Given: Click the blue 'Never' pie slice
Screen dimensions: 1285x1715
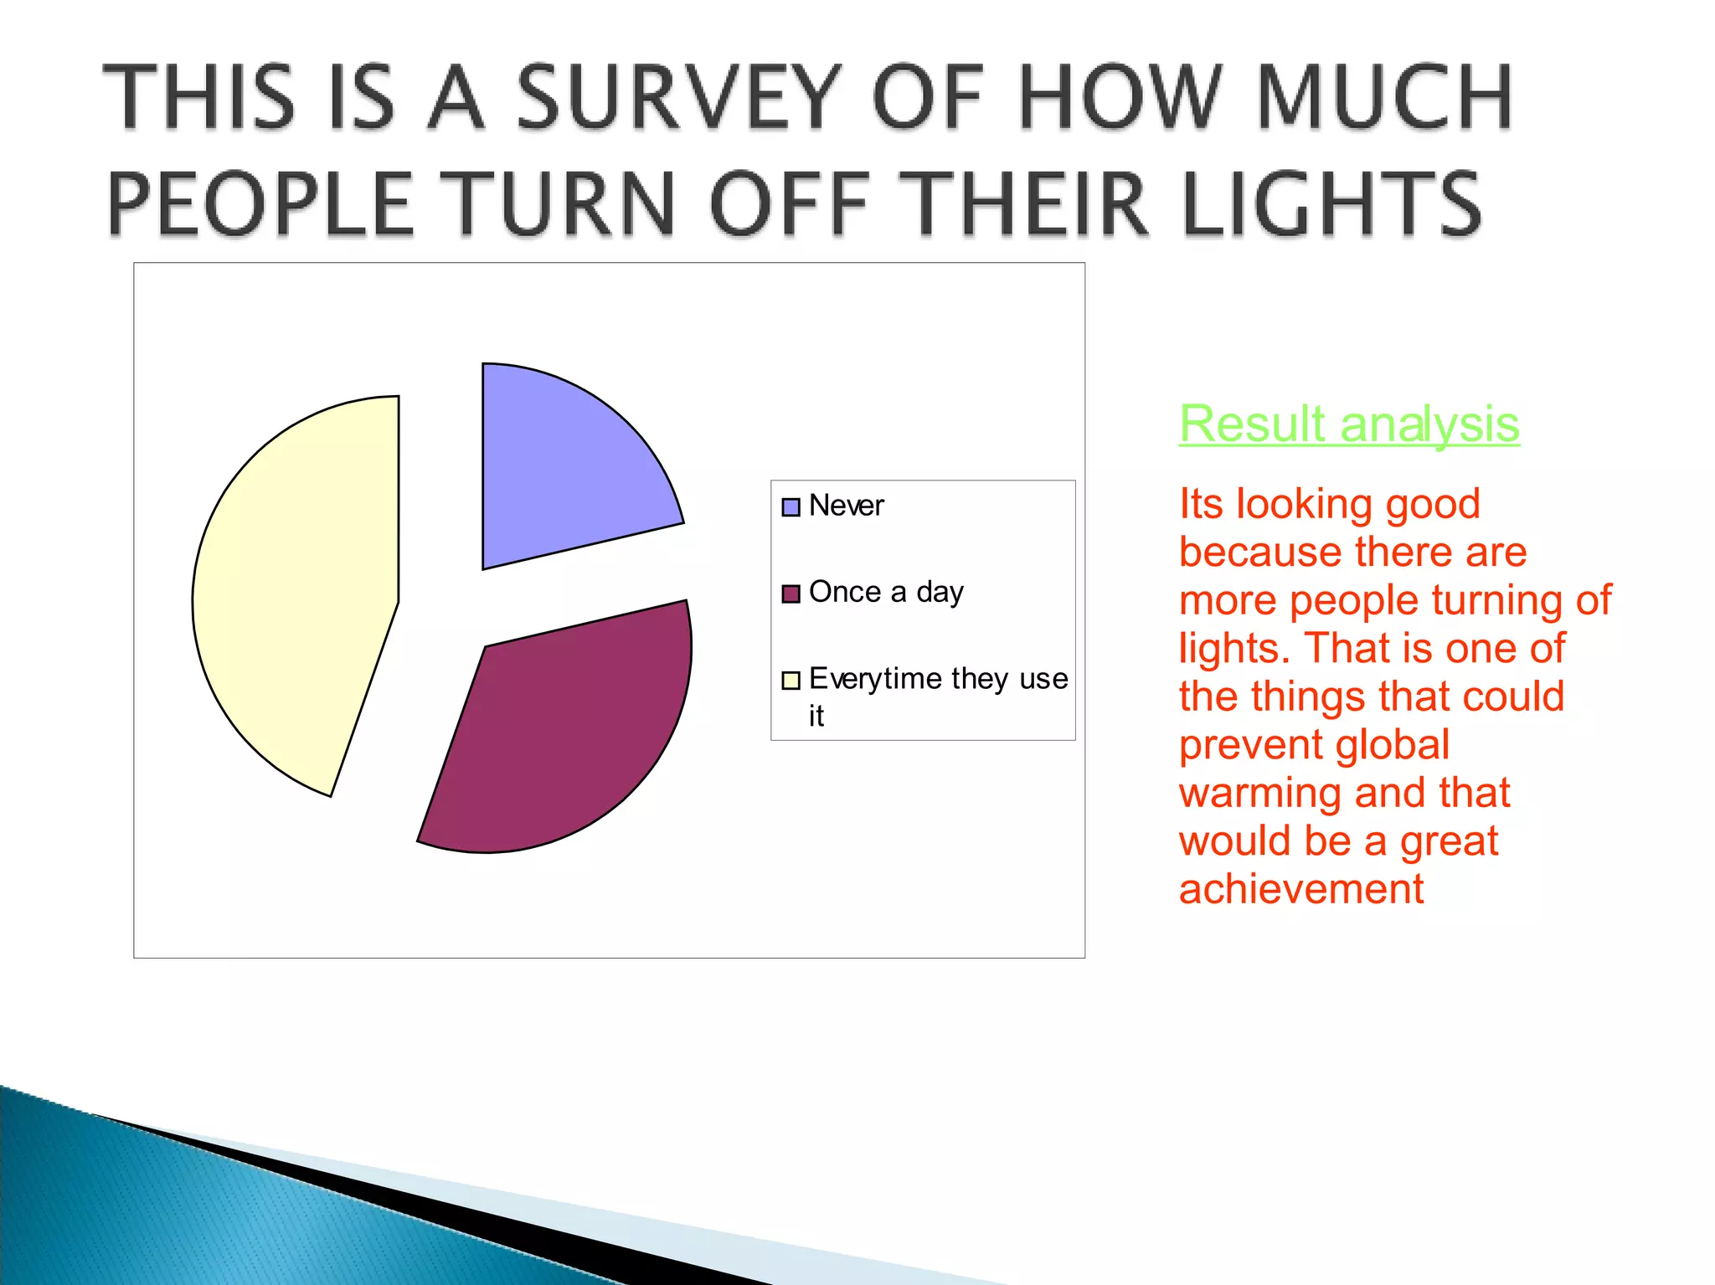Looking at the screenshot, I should [561, 469].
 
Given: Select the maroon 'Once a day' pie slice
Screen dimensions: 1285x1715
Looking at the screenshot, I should [569, 728].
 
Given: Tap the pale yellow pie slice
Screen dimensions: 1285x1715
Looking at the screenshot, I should [301, 594].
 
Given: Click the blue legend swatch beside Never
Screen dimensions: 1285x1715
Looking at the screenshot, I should [791, 507].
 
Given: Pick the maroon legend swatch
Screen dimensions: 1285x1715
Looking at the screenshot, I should [791, 594].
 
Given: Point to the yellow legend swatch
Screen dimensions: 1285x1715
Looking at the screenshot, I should [791, 680].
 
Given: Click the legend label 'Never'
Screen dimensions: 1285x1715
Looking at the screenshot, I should [846, 506].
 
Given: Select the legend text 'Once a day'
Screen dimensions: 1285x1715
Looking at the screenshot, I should [886, 592].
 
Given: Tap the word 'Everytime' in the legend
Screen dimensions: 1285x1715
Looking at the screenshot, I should [875, 678].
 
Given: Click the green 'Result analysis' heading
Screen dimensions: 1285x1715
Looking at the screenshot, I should [1348, 424].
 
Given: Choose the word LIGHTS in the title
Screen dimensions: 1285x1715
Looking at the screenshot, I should [1331, 203].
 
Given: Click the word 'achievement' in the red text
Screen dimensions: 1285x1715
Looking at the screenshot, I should [1300, 889].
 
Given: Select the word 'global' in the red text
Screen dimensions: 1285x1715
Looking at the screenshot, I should [1396, 744].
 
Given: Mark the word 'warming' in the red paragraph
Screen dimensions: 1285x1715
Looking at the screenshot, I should [1259, 793].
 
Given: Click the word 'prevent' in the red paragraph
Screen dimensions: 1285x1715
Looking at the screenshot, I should [1244, 744].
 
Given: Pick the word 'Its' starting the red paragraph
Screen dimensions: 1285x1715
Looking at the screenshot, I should [1201, 504].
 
